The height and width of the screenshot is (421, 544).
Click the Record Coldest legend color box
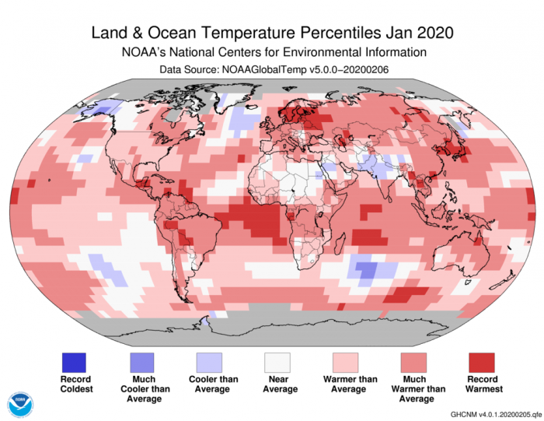pyautogui.click(x=74, y=362)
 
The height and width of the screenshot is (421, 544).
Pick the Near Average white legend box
pyautogui.click(x=277, y=362)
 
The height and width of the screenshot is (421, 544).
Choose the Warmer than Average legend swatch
pyautogui.click(x=345, y=362)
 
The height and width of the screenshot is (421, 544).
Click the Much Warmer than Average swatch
pyautogui.click(x=413, y=362)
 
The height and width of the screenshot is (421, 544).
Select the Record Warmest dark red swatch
pyautogui.click(x=481, y=362)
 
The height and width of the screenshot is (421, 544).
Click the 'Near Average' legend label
pyautogui.click(x=277, y=384)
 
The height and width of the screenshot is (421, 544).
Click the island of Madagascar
pyautogui.click(x=335, y=248)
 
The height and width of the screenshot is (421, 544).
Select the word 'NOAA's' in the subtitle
pyautogui.click(x=145, y=52)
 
